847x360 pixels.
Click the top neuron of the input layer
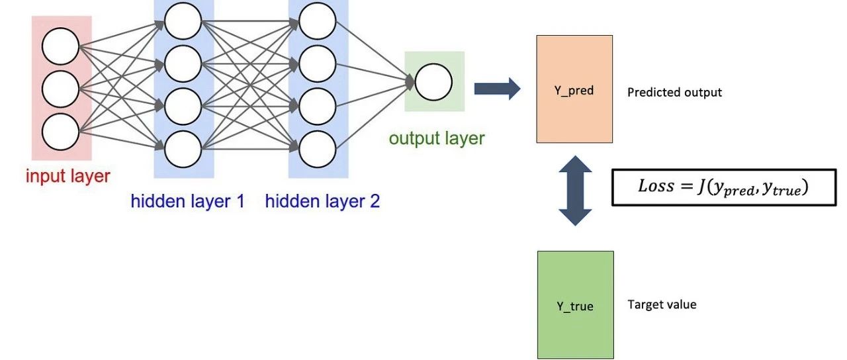(60, 48)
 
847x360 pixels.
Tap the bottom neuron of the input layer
(60, 131)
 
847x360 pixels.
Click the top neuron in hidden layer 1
(183, 21)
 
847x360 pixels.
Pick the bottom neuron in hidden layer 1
(183, 150)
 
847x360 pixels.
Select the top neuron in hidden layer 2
(318, 21)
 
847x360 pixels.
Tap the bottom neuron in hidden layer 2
(318, 150)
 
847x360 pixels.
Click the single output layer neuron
(434, 81)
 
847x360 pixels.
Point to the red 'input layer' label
(67, 177)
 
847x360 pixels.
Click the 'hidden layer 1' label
(187, 201)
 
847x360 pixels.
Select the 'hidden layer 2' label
(322, 201)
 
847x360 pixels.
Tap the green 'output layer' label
(437, 138)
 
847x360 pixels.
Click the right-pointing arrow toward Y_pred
(497, 88)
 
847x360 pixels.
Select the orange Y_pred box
(574, 89)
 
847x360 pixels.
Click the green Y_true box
(575, 304)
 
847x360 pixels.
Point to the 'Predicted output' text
(674, 93)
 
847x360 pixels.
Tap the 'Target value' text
(662, 305)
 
